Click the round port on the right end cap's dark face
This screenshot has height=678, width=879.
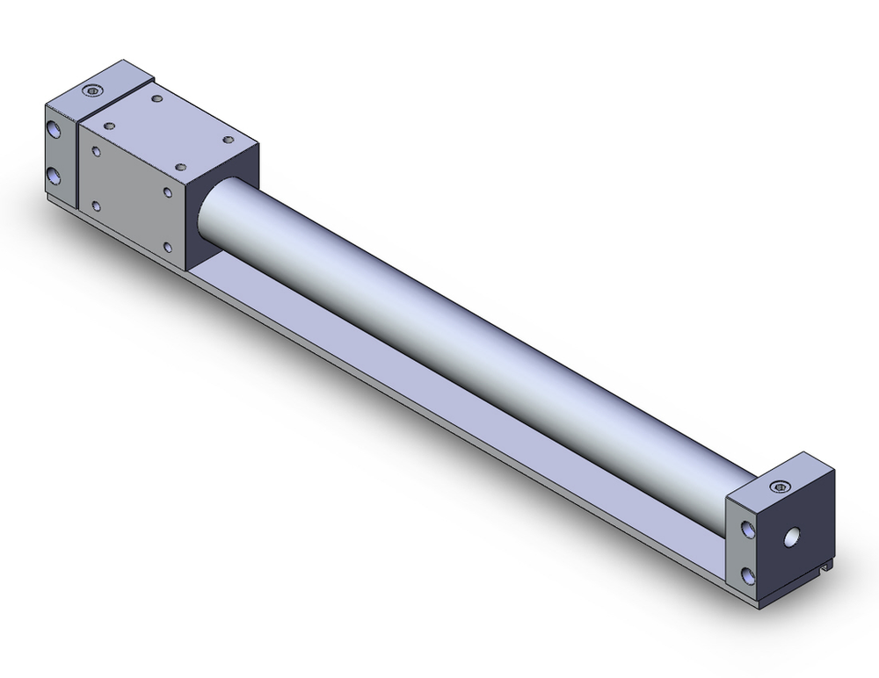tap(793, 534)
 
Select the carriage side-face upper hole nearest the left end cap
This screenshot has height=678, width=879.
tap(96, 152)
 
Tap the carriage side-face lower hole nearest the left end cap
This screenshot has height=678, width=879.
tap(96, 206)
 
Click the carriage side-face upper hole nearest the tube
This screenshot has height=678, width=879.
tap(167, 191)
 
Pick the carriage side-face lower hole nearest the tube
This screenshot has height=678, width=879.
tap(167, 248)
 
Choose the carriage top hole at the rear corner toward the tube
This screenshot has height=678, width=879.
tap(229, 139)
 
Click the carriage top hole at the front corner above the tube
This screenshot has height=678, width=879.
tap(180, 166)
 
